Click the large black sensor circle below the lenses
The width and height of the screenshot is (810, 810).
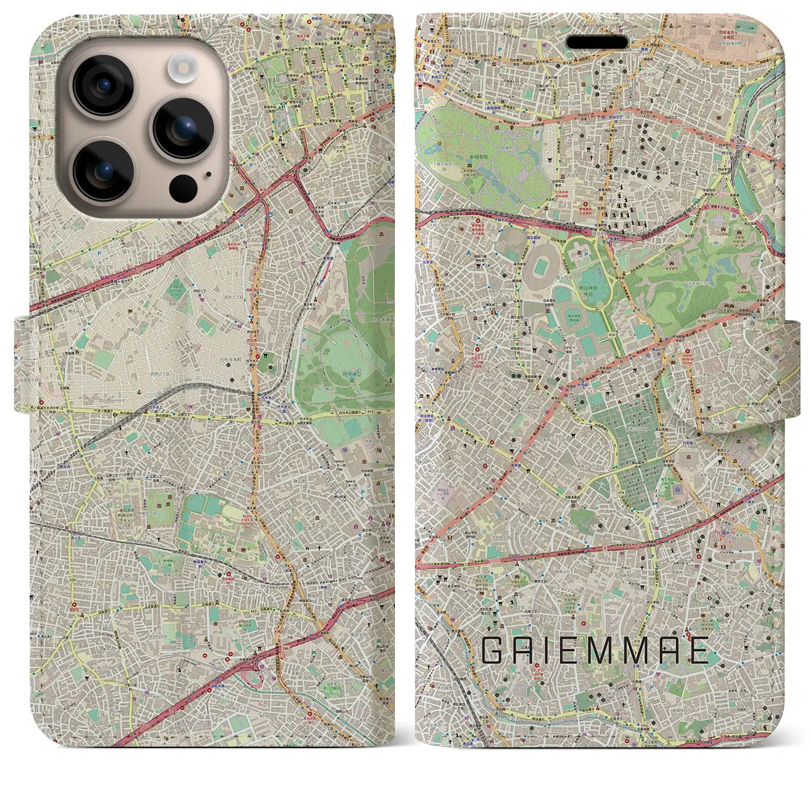(x=183, y=188)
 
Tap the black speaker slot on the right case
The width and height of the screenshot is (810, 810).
(x=597, y=42)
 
